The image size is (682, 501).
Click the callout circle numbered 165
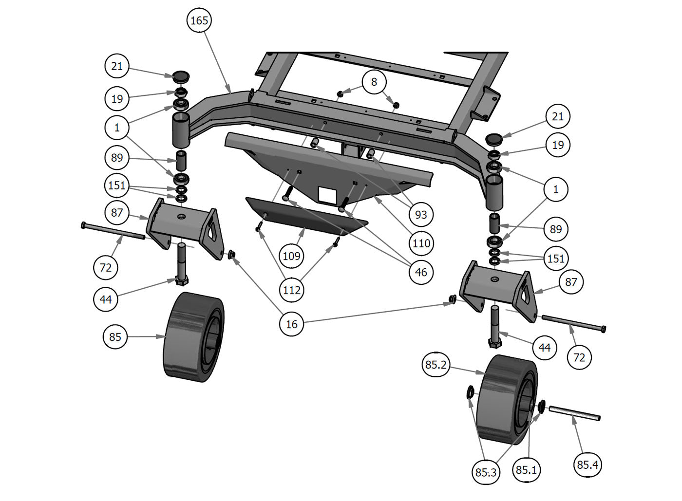pyautogui.click(x=199, y=20)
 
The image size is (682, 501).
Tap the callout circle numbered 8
pyautogui.click(x=374, y=82)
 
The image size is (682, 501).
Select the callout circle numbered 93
pyautogui.click(x=420, y=214)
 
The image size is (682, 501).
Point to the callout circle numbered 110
pyautogui.click(x=421, y=243)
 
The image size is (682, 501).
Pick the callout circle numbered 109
pyautogui.click(x=291, y=256)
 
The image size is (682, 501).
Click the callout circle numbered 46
pyautogui.click(x=421, y=272)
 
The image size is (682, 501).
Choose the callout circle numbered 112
pyautogui.click(x=291, y=290)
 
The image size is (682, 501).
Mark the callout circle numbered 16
pyautogui.click(x=291, y=324)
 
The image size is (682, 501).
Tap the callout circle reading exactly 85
pyautogui.click(x=115, y=336)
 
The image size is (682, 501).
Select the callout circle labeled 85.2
pyautogui.click(x=436, y=365)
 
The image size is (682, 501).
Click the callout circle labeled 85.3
pyautogui.click(x=486, y=472)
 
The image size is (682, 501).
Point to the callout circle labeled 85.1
pyautogui.click(x=526, y=470)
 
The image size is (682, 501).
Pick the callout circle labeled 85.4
pyautogui.click(x=587, y=464)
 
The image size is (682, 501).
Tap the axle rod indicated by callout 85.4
pyautogui.click(x=575, y=413)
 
